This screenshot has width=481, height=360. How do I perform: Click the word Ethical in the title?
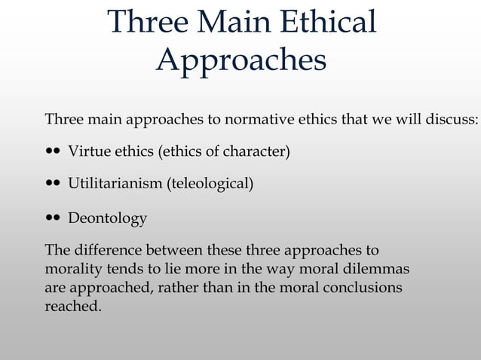(x=328, y=22)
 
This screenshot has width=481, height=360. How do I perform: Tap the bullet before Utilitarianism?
(x=53, y=182)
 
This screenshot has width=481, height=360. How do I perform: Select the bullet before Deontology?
(x=53, y=218)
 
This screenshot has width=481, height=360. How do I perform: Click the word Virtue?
(x=89, y=151)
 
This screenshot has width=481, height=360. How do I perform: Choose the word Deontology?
(x=107, y=219)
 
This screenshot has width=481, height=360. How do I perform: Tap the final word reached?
(x=72, y=306)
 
